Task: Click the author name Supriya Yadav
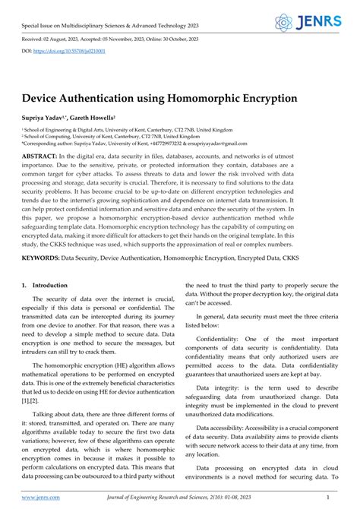[x=48, y=120]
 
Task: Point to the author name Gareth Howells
[x=93, y=120]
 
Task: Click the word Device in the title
[x=44, y=98]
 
